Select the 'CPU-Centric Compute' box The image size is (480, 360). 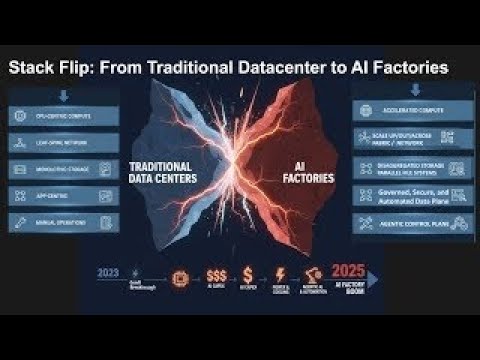tap(63, 116)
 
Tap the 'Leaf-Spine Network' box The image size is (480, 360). tap(63, 143)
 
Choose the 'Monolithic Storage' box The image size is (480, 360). tap(63, 169)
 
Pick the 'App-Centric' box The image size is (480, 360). tap(63, 195)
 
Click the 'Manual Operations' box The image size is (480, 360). tap(63, 220)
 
